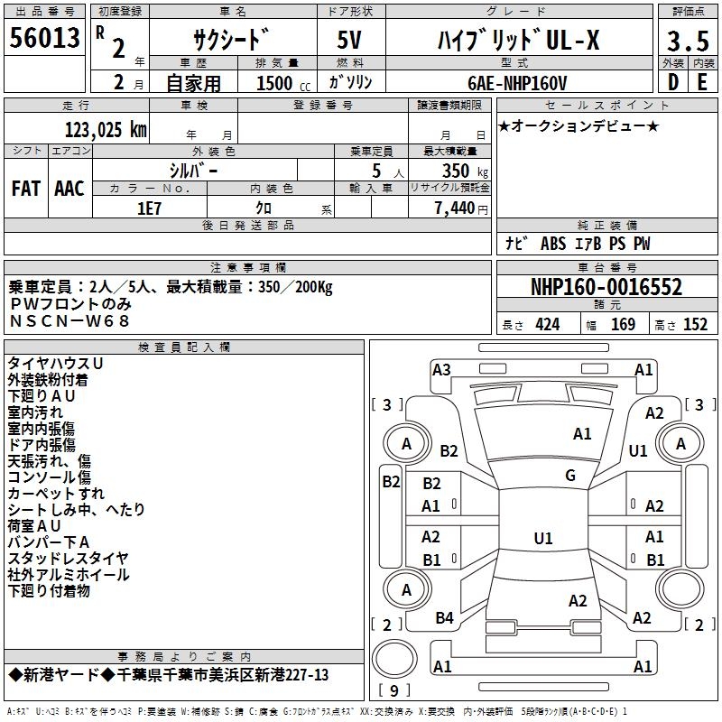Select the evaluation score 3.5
tap(687, 42)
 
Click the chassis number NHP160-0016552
tap(606, 288)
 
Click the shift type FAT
tap(25, 189)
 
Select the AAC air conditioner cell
tap(69, 189)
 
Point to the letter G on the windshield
tap(570, 476)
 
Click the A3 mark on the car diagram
tap(441, 369)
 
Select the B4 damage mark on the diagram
tap(444, 618)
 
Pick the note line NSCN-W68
tap(69, 319)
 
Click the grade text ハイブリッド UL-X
tap(518, 41)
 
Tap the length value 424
tap(548, 325)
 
